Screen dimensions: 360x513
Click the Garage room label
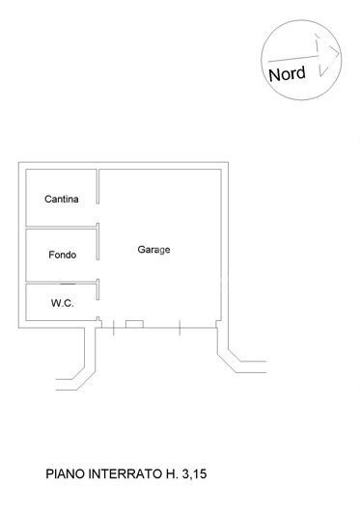[153, 250]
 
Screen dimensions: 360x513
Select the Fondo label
[62, 256]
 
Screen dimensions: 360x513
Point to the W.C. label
[61, 304]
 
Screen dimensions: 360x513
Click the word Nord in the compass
[287, 72]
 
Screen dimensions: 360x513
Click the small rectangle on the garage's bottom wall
[134, 323]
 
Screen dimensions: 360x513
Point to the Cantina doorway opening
[99, 200]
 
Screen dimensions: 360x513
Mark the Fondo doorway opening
[99, 256]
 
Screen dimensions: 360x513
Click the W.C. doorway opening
[99, 304]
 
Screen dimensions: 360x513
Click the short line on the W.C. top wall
[68, 284]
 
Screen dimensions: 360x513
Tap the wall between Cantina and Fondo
[60, 228]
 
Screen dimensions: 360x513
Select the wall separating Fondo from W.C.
[60, 283]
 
